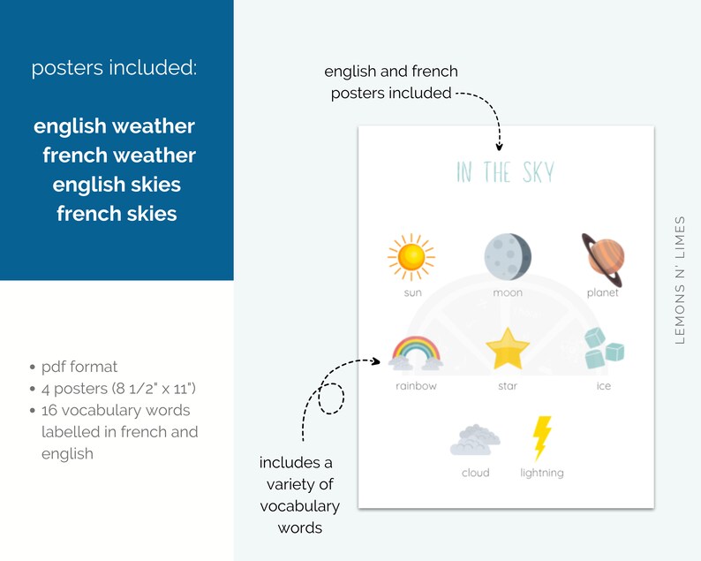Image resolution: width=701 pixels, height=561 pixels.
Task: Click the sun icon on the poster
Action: (411, 256)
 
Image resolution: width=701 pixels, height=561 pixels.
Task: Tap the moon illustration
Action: (508, 256)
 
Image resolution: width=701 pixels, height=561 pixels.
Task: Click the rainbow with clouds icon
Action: (416, 352)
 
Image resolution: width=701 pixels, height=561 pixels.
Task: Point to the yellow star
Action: (508, 349)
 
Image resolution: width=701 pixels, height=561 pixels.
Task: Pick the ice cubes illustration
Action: (603, 347)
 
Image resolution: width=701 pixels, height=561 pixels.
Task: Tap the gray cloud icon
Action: (475, 438)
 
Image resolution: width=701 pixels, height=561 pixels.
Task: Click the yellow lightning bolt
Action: (541, 437)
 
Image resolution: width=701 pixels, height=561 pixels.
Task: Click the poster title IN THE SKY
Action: (505, 171)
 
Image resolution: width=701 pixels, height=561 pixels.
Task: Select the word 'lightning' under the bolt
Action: (541, 473)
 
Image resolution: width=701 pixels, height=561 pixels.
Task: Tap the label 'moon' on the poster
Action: (508, 292)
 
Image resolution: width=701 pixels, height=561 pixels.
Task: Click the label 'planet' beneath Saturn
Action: (603, 292)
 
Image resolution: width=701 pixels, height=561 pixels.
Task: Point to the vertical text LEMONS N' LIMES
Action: (680, 279)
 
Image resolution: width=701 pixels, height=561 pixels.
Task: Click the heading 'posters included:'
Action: (114, 69)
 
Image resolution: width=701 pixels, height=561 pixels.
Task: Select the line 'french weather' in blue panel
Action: (118, 155)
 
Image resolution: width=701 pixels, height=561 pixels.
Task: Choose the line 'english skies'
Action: (117, 185)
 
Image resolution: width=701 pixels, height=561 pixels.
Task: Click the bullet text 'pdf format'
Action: (79, 367)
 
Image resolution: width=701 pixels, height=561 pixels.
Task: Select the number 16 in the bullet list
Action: (50, 410)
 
